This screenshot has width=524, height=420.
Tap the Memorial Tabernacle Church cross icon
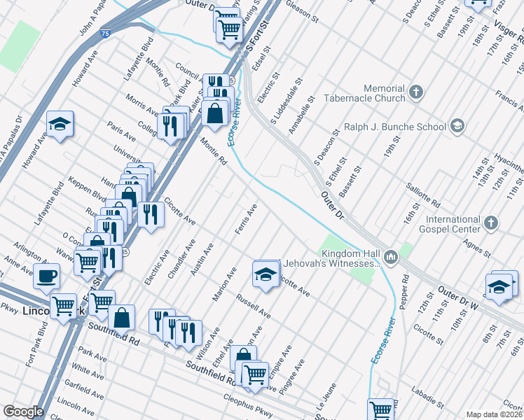416,92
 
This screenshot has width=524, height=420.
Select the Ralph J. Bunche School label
394,127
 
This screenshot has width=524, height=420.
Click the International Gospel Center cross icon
491,223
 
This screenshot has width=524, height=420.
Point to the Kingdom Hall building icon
390,257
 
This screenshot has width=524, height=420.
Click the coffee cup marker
47,274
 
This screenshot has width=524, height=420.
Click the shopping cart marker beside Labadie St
380,409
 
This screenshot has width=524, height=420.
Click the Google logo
23,412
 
